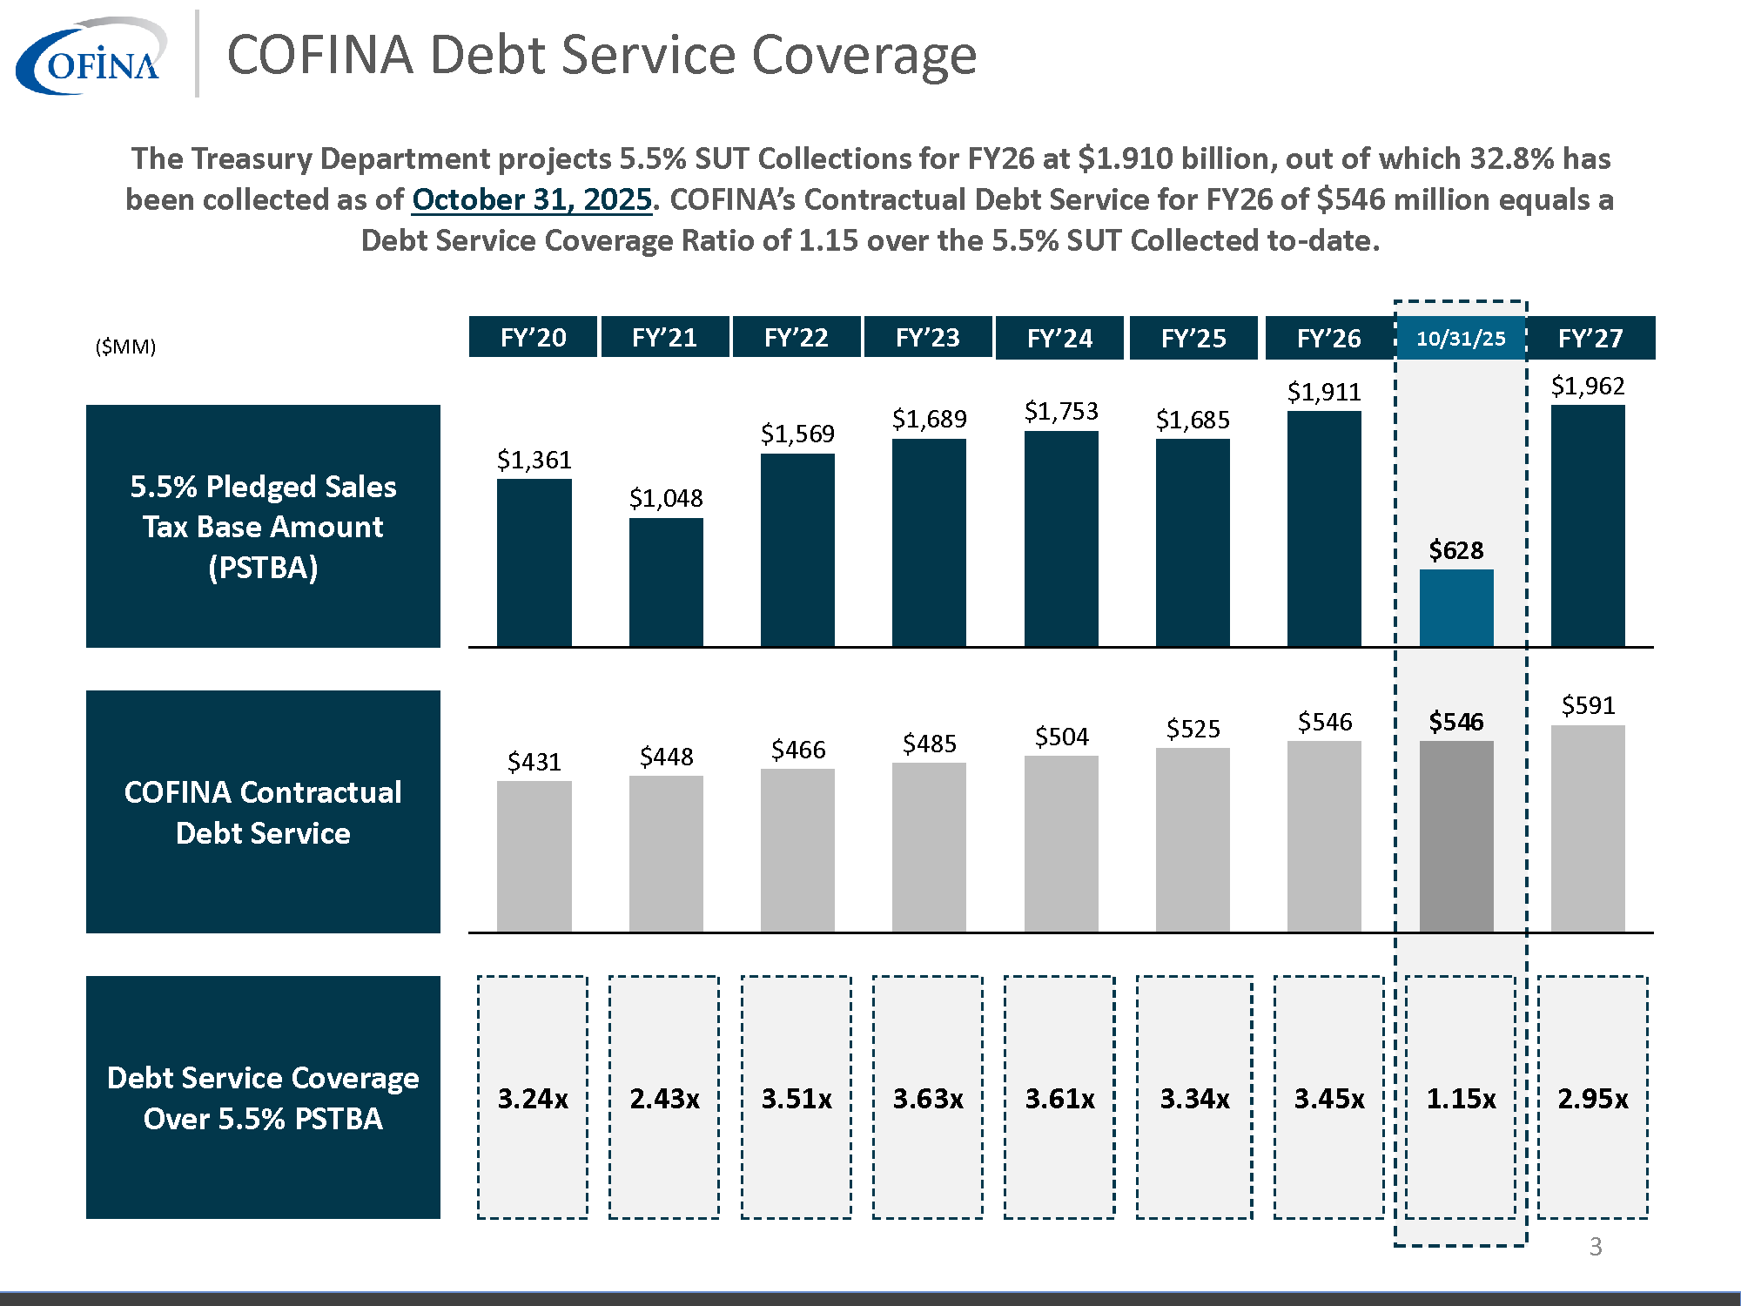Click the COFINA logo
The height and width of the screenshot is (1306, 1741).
click(x=91, y=57)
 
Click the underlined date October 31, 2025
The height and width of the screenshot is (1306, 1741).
click(x=532, y=199)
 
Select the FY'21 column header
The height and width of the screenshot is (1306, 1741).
click(x=665, y=338)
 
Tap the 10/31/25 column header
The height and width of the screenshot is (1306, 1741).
click(x=1461, y=338)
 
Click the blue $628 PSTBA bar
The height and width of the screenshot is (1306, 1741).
click(x=1456, y=607)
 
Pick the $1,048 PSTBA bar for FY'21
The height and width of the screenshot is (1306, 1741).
click(x=666, y=582)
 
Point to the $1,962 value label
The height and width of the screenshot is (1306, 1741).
click(x=1588, y=386)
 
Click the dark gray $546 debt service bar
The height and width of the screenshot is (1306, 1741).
click(x=1456, y=836)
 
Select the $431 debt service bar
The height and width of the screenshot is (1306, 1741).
click(x=534, y=856)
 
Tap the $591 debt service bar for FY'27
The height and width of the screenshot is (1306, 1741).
click(x=1588, y=827)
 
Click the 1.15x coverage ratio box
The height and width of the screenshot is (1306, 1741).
click(x=1461, y=1098)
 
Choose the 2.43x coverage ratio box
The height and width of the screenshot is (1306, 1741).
click(x=664, y=1098)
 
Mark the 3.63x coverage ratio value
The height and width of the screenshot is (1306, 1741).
click(x=928, y=1098)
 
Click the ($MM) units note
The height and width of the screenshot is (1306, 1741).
click(x=125, y=347)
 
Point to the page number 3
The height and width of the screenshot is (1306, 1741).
click(x=1595, y=1247)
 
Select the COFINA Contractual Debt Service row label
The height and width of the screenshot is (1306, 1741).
click(x=263, y=811)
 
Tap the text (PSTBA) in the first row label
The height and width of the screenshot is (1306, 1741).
click(x=263, y=568)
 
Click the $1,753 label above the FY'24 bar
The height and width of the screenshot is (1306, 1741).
click(x=1061, y=411)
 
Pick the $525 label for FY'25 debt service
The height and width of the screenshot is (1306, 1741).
click(x=1193, y=729)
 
